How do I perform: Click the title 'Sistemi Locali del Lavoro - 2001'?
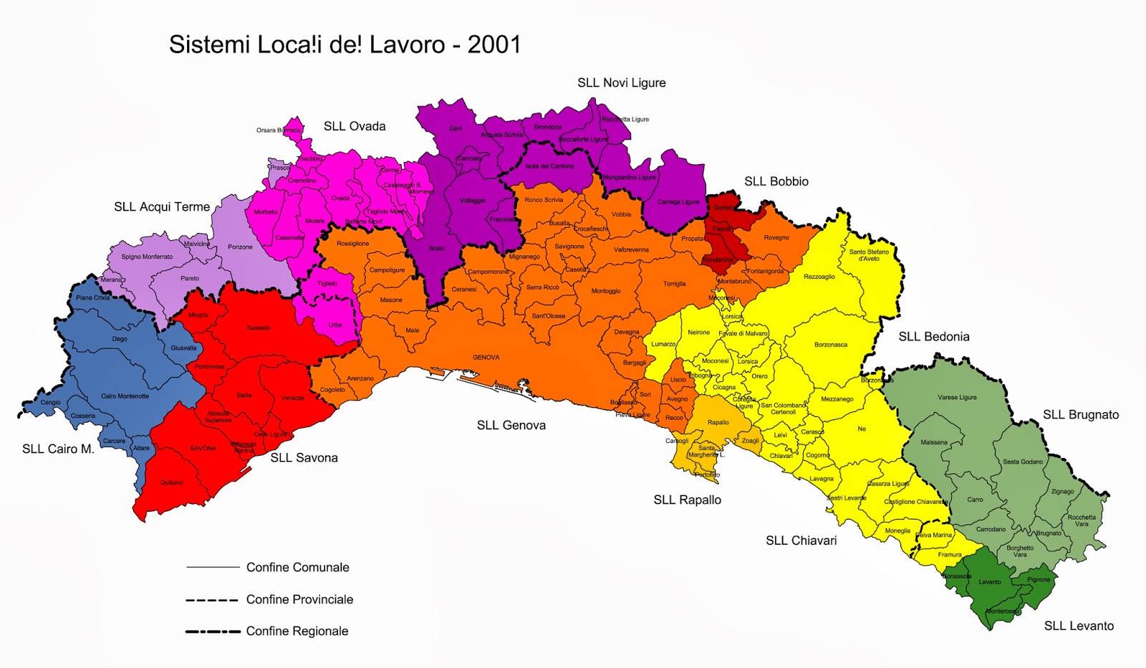[x=345, y=44]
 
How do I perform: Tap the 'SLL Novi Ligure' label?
[x=621, y=83]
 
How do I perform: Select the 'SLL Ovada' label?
[x=354, y=126]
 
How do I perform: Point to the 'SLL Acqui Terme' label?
[x=162, y=207]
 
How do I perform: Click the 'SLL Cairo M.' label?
[x=58, y=449]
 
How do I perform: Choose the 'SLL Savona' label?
[x=304, y=458]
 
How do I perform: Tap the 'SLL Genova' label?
[x=511, y=426]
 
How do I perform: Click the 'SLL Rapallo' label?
[x=687, y=500]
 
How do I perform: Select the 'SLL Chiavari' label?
[x=801, y=541]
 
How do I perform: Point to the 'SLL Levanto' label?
[x=1079, y=626]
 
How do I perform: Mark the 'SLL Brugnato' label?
[x=1080, y=415]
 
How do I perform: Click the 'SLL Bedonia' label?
[x=933, y=337]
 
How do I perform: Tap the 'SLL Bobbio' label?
[x=776, y=182]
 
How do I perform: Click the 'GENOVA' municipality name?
[x=486, y=358]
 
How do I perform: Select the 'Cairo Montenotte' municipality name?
[x=125, y=396]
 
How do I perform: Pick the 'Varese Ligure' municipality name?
[x=957, y=397]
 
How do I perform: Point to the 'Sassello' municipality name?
[x=259, y=328]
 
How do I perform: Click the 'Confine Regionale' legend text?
[x=297, y=631]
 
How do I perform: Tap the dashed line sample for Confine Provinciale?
[x=211, y=600]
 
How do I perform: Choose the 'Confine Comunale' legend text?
[x=297, y=568]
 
